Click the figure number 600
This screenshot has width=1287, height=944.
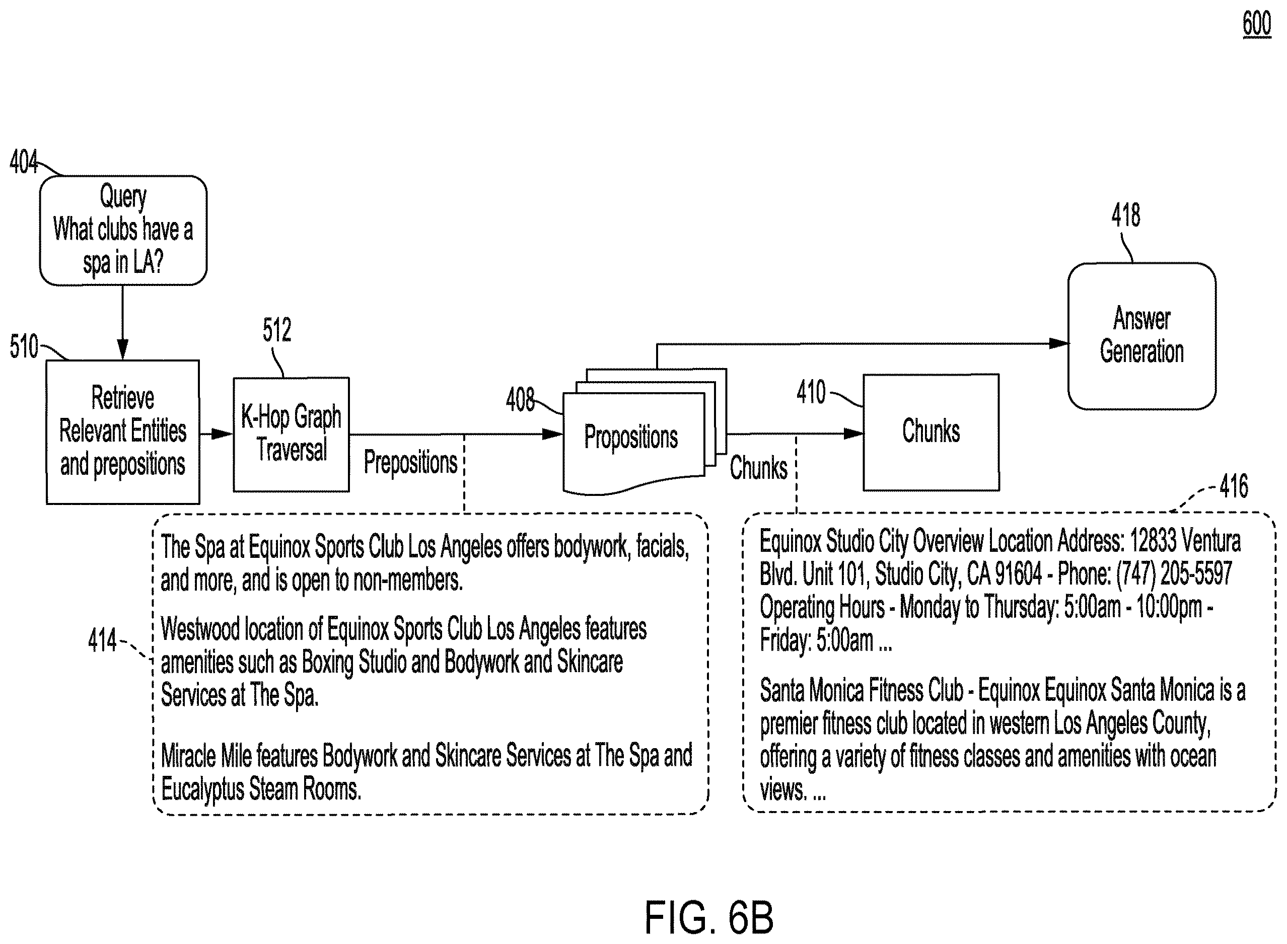[x=1257, y=25]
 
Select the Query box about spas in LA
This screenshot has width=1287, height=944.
[x=123, y=230]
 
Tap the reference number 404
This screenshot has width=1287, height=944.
[x=24, y=162]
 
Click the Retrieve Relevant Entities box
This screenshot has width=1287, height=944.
[x=123, y=432]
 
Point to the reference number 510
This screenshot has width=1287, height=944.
[x=24, y=346]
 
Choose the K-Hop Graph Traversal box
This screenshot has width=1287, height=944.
[x=291, y=434]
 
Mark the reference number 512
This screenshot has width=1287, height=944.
[x=276, y=330]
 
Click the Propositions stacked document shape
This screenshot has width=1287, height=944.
[x=645, y=431]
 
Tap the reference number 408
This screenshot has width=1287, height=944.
[x=520, y=399]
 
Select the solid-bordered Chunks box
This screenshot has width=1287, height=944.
[x=931, y=432]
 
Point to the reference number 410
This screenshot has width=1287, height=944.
[x=811, y=392]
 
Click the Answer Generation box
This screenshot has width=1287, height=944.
[x=1142, y=336]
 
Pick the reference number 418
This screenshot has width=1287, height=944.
[x=1125, y=215]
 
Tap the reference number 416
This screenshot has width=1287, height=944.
[x=1233, y=486]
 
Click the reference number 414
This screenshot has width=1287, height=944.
[x=102, y=640]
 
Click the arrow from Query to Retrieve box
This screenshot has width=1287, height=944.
[x=122, y=322]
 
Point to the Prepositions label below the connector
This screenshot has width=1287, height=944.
[x=410, y=462]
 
